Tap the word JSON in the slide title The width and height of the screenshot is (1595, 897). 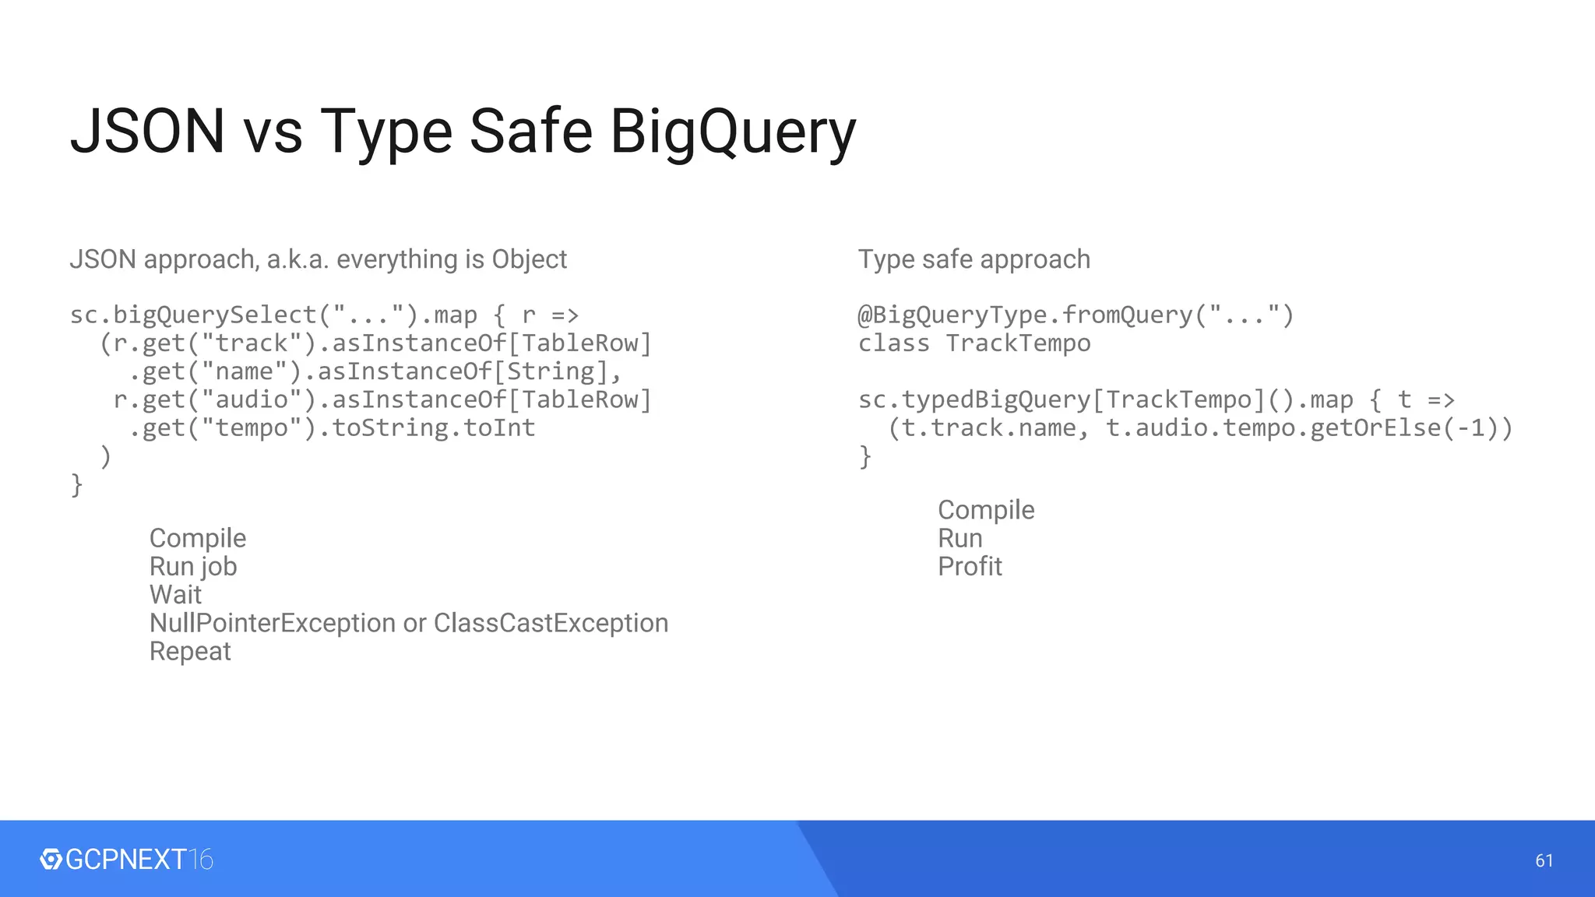pyautogui.click(x=148, y=131)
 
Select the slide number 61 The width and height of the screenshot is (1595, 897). pyautogui.click(x=1544, y=860)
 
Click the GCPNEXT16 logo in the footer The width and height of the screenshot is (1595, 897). pyautogui.click(x=126, y=859)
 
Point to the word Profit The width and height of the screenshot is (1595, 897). pyautogui.click(x=970, y=566)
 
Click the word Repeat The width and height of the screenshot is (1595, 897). pyautogui.click(x=190, y=651)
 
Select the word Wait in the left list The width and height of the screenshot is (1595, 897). pyautogui.click(x=175, y=595)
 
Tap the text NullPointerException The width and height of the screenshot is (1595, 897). pyautogui.click(x=273, y=623)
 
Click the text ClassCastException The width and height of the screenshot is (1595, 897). pyautogui.click(x=551, y=623)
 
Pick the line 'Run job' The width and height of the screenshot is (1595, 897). pyautogui.click(x=193, y=567)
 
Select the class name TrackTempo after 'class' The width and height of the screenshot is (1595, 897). pyautogui.click(x=1018, y=343)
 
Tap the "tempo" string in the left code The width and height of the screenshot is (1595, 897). pyautogui.click(x=252, y=428)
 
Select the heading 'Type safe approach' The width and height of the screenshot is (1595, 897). pyautogui.click(x=974, y=259)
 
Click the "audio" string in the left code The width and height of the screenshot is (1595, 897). pyautogui.click(x=252, y=400)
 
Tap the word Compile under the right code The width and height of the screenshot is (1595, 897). pyautogui.click(x=986, y=510)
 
